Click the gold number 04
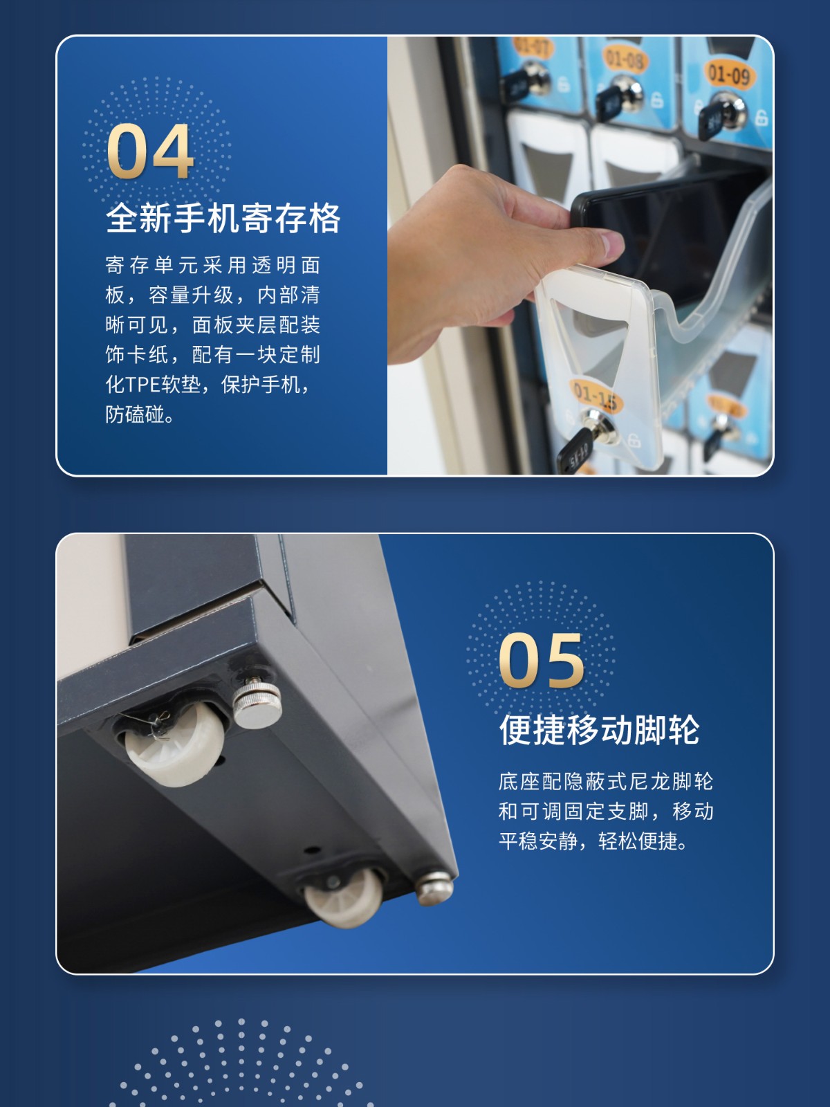pos(150,152)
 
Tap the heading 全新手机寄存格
pos(223,219)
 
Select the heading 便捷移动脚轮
pos(599,730)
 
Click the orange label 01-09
pos(729,75)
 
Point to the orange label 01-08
pos(625,60)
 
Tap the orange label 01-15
pos(596,395)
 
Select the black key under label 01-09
pos(711,122)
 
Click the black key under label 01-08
pos(610,101)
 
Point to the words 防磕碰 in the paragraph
pos(135,414)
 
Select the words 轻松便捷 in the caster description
pos(638,841)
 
